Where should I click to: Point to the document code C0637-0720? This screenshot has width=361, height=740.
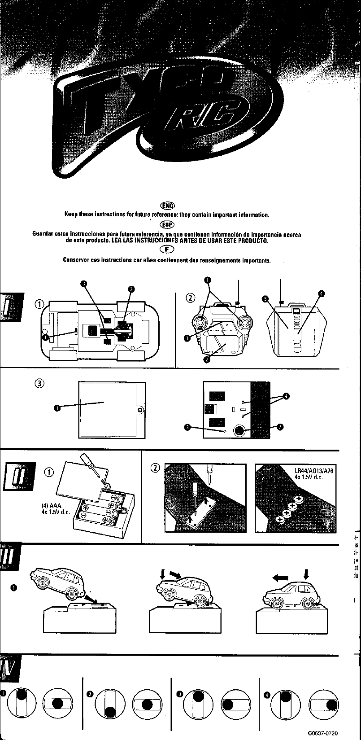point(322,733)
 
